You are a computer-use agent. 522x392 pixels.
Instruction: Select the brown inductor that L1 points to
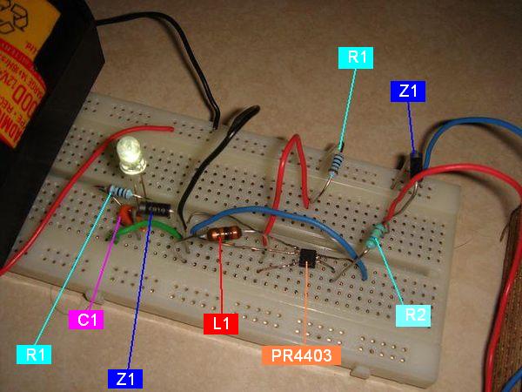coord(225,233)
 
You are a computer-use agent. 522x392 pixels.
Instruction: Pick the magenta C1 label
coord(86,320)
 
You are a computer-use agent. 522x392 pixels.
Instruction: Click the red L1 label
coord(221,324)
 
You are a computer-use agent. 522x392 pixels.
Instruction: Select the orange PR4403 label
coord(300,355)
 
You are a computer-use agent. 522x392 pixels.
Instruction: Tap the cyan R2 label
coord(414,314)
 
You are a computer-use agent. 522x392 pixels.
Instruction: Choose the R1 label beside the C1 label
coord(34,354)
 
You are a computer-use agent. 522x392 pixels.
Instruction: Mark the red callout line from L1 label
coord(222,279)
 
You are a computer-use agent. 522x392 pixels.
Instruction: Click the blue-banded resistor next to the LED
coord(121,193)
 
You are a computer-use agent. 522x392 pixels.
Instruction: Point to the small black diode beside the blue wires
coord(415,159)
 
